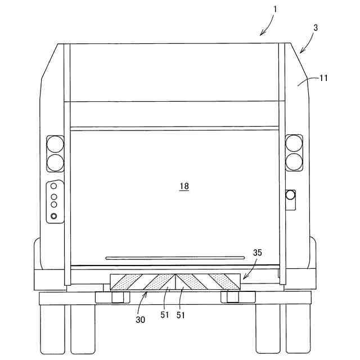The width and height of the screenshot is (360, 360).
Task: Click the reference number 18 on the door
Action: [184, 186]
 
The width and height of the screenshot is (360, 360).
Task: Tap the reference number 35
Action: [258, 253]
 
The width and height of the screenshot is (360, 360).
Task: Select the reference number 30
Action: [140, 319]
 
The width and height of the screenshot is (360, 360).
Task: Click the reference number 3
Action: [316, 27]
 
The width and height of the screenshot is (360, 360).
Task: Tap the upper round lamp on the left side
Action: [55, 143]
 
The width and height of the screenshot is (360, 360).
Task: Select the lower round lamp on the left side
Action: [55, 162]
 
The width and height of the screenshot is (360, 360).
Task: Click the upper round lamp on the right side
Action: [294, 143]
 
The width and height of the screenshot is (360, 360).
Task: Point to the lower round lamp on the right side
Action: [294, 162]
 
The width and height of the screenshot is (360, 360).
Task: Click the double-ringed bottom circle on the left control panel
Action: [54, 216]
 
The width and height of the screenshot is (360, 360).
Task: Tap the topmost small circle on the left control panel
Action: [54, 186]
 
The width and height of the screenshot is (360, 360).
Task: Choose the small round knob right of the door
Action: [290, 195]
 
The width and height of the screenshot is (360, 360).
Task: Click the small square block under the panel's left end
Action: [117, 296]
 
